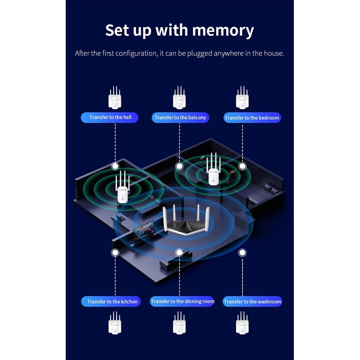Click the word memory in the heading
223,31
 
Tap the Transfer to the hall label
110,117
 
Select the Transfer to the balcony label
180,117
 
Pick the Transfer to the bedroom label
252,118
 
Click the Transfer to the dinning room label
182,301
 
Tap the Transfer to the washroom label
252,301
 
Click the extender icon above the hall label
115,98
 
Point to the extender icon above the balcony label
180,98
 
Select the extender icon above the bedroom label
243,98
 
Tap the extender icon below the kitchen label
115,323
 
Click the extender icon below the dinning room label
180,323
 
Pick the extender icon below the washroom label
243,323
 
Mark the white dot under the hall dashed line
115,166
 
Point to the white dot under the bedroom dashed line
243,166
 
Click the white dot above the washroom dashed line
243,253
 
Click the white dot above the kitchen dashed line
115,253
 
